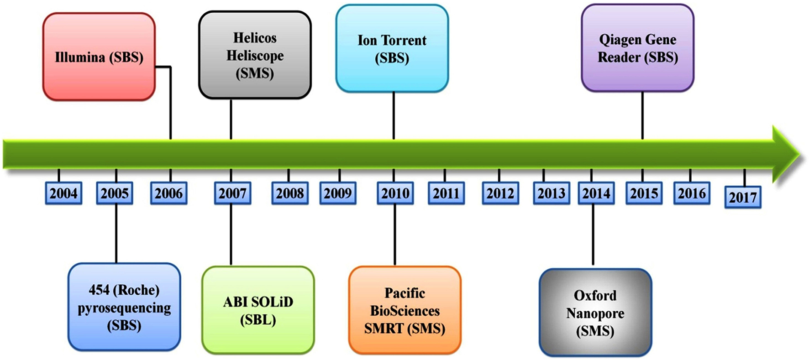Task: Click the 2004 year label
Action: [63, 193]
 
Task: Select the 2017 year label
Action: [743, 197]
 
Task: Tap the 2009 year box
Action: [338, 193]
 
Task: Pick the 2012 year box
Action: [500, 193]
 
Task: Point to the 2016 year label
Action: [692, 193]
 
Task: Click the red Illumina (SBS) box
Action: [99, 57]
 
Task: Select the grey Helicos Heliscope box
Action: [255, 55]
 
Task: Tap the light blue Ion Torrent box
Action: [392, 48]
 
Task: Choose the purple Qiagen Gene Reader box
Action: [637, 48]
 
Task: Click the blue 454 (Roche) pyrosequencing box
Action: [124, 307]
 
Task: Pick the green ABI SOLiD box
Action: [258, 310]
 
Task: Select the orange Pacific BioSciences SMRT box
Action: [404, 310]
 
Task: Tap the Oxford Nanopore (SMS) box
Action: [595, 313]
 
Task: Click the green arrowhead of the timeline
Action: [785, 154]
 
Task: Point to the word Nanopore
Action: [595, 313]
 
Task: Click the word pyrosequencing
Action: [124, 308]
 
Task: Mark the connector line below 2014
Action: [593, 235]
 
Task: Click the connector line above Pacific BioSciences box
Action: [394, 235]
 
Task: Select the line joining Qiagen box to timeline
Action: [642, 115]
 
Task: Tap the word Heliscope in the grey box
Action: [255, 56]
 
